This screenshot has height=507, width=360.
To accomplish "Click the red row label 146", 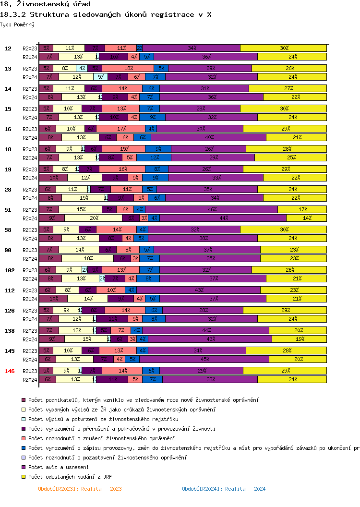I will [8, 371].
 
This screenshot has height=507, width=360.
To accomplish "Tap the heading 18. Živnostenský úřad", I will [39, 4].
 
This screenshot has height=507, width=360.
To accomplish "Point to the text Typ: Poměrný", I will [17, 24].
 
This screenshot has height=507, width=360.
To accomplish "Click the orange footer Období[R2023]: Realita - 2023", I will [80, 489].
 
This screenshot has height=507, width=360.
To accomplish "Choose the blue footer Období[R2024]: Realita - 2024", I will [224, 489].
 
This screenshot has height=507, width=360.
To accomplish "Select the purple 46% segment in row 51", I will [212, 209].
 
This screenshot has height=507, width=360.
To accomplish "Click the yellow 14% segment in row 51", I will [307, 218].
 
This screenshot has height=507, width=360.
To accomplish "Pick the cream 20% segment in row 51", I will [94, 218].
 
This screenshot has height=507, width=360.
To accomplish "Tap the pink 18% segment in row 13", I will [128, 68].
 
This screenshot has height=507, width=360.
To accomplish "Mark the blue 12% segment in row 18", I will [154, 157].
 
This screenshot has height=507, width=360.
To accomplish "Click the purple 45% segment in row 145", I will [204, 359].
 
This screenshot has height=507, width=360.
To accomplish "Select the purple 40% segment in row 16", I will [209, 137].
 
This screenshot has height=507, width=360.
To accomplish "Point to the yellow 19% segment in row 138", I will [299, 339].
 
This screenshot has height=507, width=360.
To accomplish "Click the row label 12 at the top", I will [8, 48].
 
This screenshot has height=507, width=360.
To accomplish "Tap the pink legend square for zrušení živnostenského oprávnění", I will [23, 438].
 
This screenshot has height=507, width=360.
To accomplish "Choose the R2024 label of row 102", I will [30, 278].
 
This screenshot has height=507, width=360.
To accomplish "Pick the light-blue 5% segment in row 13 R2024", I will [101, 77].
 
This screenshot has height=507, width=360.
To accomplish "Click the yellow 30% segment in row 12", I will [283, 48].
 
